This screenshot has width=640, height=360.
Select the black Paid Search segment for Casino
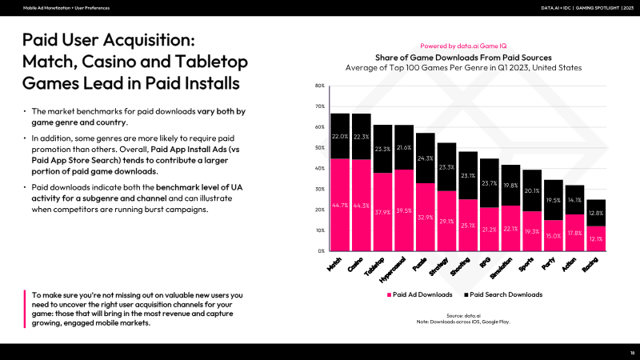pyautogui.click(x=361, y=136)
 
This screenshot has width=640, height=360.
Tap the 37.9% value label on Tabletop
pyautogui.click(x=382, y=213)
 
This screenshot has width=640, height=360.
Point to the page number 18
pyautogui.click(x=631, y=352)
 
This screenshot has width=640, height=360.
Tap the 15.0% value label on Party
pyautogui.click(x=552, y=236)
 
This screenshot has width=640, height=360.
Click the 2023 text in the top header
pyautogui.click(x=626, y=7)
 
